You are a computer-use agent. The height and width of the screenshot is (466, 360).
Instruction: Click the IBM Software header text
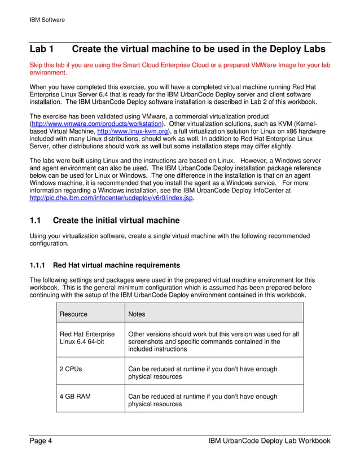[x=47, y=20]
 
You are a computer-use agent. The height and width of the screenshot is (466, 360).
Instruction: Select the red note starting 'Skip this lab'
[x=179, y=69]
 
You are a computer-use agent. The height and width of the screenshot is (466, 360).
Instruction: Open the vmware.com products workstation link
[x=96, y=124]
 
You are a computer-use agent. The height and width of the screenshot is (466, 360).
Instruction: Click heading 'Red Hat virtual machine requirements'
[x=117, y=265]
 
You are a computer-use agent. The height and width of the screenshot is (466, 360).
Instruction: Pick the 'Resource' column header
[x=73, y=314]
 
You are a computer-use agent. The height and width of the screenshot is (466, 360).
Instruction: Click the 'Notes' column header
[x=137, y=314]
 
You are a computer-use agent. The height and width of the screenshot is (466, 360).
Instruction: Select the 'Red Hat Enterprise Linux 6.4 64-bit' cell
[x=87, y=338]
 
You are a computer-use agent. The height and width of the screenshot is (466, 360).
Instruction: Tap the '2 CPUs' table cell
[x=70, y=369]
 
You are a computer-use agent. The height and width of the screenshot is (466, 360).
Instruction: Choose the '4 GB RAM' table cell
[x=74, y=397]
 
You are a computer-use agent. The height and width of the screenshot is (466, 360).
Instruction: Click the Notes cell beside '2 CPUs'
[x=203, y=372]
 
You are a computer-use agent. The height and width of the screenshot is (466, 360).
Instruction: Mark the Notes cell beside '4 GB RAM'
[x=203, y=400]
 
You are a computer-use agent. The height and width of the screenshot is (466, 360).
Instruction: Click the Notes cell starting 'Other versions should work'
[x=213, y=341]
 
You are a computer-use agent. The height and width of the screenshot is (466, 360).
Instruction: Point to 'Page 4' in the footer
[x=41, y=441]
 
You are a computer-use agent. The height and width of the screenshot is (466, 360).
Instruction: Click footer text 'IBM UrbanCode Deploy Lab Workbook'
[x=269, y=441]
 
